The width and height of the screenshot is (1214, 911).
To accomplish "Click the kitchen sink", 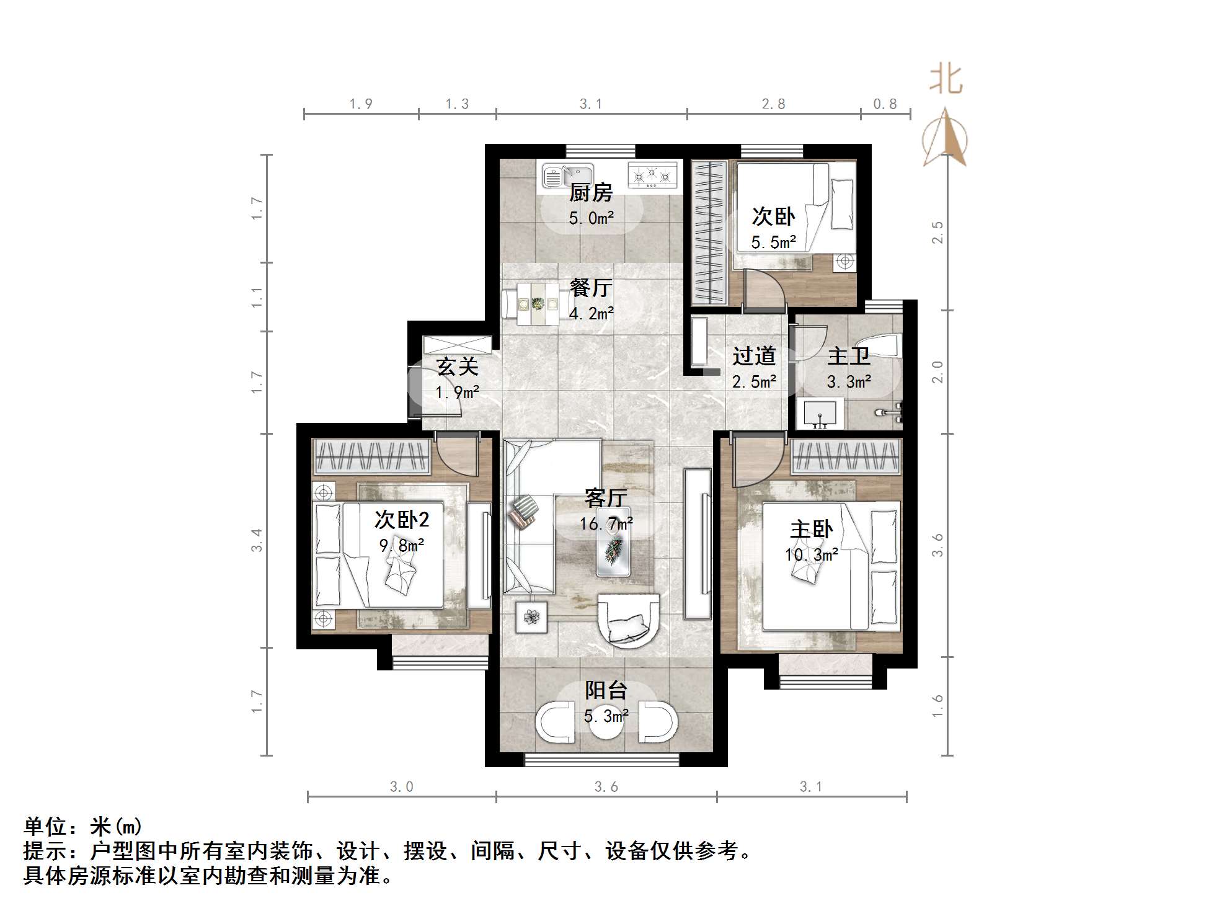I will click(x=567, y=176).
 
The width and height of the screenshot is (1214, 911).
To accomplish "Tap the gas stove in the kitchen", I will click(x=652, y=175).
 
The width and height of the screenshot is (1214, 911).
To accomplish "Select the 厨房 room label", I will click(x=591, y=193).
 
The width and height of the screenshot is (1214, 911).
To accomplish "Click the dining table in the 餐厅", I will click(x=538, y=304).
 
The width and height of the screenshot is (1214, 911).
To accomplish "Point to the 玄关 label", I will click(x=458, y=367).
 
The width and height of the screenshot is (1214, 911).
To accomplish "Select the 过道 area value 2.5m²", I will click(x=754, y=382).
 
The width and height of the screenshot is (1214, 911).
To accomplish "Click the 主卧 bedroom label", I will click(x=811, y=529).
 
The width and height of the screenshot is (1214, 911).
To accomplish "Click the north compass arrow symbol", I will click(x=945, y=138).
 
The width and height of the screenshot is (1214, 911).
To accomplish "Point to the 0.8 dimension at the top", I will click(x=885, y=104).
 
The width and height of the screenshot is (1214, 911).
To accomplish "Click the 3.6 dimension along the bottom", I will click(x=606, y=787).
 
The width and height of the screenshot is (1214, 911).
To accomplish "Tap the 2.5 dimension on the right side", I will click(x=937, y=233).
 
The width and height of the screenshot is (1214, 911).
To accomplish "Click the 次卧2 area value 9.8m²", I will click(x=402, y=546).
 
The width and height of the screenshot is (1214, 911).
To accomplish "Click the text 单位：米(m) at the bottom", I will click(x=84, y=826).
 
